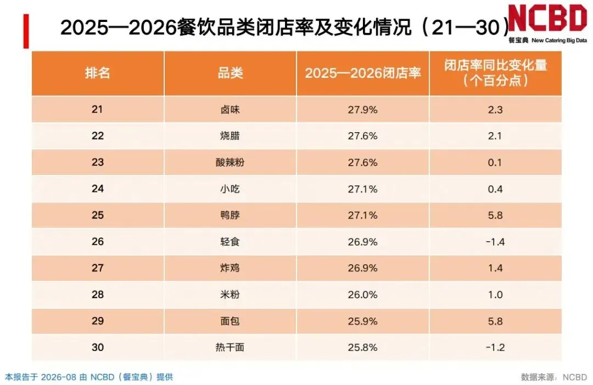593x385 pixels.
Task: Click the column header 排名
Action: point(98,72)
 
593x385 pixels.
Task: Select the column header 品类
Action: point(230,72)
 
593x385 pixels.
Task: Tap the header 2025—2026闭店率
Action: point(363,72)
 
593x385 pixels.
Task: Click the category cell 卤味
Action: point(230,110)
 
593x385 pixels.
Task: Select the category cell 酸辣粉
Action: point(230,162)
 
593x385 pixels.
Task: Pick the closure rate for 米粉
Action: point(363,295)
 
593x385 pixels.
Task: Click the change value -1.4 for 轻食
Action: point(495,241)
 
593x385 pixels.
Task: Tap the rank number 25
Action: point(98,215)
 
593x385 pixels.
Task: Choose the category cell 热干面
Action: point(230,347)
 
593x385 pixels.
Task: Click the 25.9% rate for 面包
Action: point(363,321)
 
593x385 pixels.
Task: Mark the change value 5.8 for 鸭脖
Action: point(495,215)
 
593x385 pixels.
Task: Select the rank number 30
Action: point(98,347)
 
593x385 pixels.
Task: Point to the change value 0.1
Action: point(495,162)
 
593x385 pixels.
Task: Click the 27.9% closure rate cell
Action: point(363,110)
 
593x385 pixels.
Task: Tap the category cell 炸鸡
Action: point(230,268)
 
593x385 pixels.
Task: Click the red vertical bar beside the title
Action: point(26,31)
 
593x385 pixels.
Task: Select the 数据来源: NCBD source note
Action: point(554,377)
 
